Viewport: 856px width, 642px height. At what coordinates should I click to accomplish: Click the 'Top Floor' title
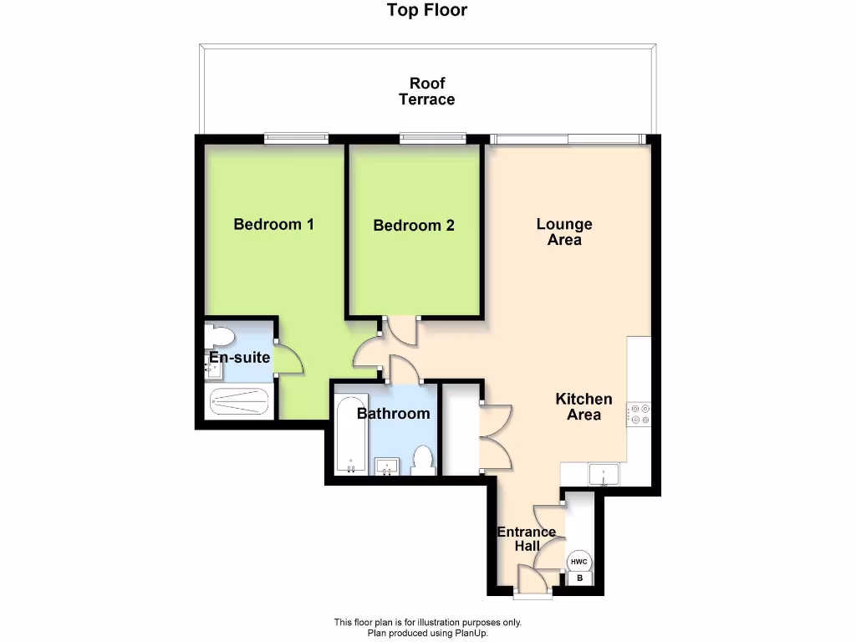click(x=427, y=10)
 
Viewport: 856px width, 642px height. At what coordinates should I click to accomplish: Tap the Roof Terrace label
click(x=427, y=91)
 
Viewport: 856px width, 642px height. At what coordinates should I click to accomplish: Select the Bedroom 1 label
click(x=273, y=224)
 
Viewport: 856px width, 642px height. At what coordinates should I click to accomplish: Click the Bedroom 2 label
click(x=414, y=225)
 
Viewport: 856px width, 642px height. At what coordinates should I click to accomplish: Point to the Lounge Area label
click(x=564, y=232)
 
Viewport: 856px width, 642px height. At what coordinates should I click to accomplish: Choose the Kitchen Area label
click(x=583, y=407)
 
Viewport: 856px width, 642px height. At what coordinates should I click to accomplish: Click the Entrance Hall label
click(x=526, y=539)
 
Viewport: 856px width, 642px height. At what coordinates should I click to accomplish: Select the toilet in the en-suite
click(x=221, y=336)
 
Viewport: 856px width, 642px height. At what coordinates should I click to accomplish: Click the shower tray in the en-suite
click(x=239, y=403)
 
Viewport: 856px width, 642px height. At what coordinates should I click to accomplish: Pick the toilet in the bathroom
click(x=423, y=461)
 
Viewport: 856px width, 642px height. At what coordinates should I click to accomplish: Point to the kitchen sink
click(x=603, y=475)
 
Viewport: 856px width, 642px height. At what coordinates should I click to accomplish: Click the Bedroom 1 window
click(x=295, y=139)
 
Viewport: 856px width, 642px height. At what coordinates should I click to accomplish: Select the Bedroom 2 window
click(x=432, y=139)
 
